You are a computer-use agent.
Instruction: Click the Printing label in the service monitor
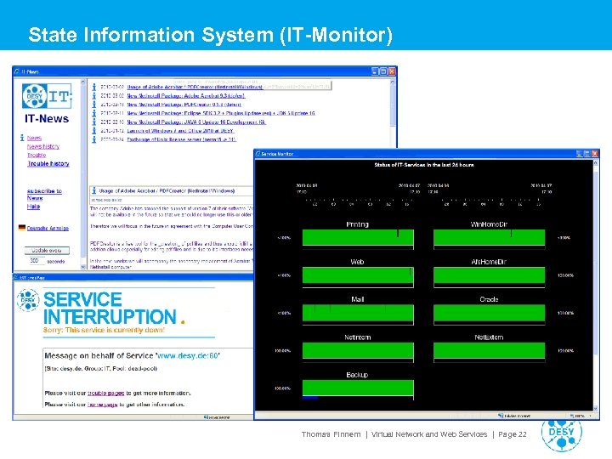[x=357, y=224]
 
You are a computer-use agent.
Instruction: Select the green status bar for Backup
[x=357, y=388]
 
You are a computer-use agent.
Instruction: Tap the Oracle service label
[x=489, y=299]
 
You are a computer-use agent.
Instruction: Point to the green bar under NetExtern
[x=489, y=350]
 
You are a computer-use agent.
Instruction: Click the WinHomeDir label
[x=489, y=224]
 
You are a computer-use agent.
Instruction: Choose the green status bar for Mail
[x=357, y=313]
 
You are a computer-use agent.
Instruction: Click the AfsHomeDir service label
[x=489, y=262]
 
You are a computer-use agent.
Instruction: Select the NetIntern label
[x=357, y=337]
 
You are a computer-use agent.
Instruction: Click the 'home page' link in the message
[x=110, y=405]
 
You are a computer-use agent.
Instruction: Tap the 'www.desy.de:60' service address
[x=188, y=355]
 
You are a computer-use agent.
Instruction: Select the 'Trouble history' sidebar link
[x=48, y=164]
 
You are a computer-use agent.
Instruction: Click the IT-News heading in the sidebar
[x=47, y=119]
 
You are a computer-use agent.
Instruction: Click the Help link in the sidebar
[x=33, y=207]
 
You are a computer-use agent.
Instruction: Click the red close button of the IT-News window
[x=391, y=72]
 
